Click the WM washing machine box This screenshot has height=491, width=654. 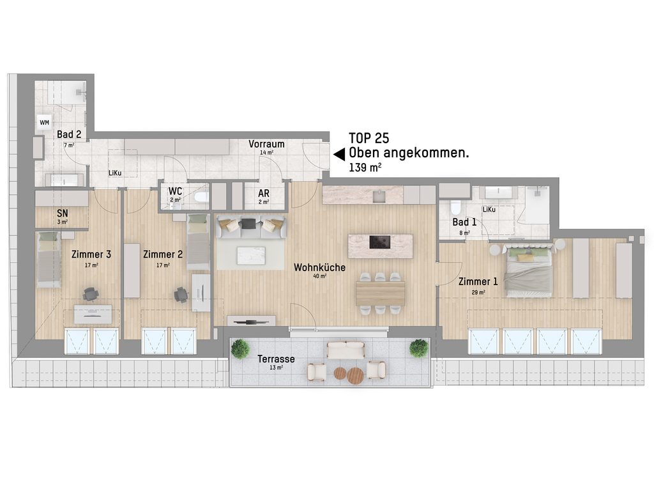point(44,122)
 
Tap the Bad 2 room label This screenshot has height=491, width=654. point(69,134)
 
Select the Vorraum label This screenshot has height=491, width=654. point(266,144)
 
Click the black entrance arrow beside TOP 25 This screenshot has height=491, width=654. point(339,154)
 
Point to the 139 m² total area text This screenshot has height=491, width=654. point(365,168)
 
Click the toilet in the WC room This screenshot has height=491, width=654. point(202,197)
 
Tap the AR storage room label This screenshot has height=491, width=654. point(264,193)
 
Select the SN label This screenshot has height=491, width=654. point(62,214)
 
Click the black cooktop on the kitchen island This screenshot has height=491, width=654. point(380,242)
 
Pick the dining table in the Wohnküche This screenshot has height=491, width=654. point(381,294)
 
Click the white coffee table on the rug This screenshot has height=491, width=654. point(251,256)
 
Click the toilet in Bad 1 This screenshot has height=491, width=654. point(455,207)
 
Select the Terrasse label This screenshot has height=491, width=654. point(276,359)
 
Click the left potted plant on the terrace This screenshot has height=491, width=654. point(240,349)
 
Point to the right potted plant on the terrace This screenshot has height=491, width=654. point(419,348)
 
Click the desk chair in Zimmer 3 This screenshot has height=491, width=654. point(91,294)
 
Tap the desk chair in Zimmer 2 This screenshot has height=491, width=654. point(181,294)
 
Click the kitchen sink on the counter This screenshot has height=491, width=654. point(379,196)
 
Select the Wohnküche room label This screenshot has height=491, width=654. point(319,268)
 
